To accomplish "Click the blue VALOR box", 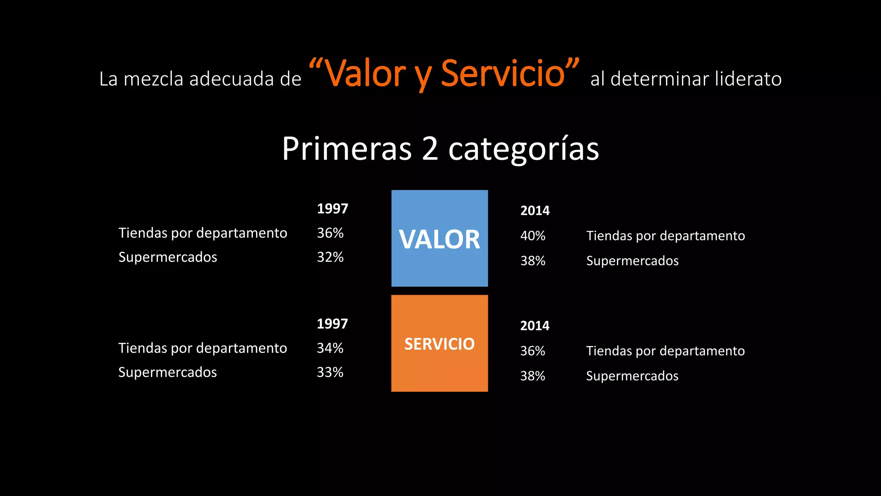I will [439, 238].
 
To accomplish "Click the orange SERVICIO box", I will [439, 343].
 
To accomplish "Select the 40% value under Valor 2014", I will [533, 236].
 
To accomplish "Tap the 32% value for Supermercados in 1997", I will [330, 257].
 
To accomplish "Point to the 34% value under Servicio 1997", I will [330, 348].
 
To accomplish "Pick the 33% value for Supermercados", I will [330, 372].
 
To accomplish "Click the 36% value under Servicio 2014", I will [533, 351].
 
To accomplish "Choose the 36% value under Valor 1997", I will [330, 233].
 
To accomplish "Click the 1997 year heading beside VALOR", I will [332, 209].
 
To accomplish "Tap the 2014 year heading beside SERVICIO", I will [535, 325].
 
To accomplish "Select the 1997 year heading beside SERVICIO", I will [332, 324].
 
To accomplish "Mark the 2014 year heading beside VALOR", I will [535, 211].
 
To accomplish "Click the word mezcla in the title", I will [154, 79].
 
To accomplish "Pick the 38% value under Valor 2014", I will [533, 261].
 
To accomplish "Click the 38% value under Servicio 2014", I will [533, 376].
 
